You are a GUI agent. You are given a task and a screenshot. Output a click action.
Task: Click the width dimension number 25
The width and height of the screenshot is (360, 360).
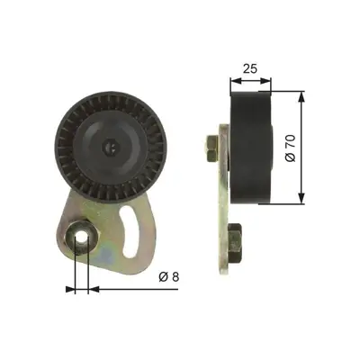tap(251, 68)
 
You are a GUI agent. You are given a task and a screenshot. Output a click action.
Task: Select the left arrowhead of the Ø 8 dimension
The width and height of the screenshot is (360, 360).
tap(73, 290)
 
